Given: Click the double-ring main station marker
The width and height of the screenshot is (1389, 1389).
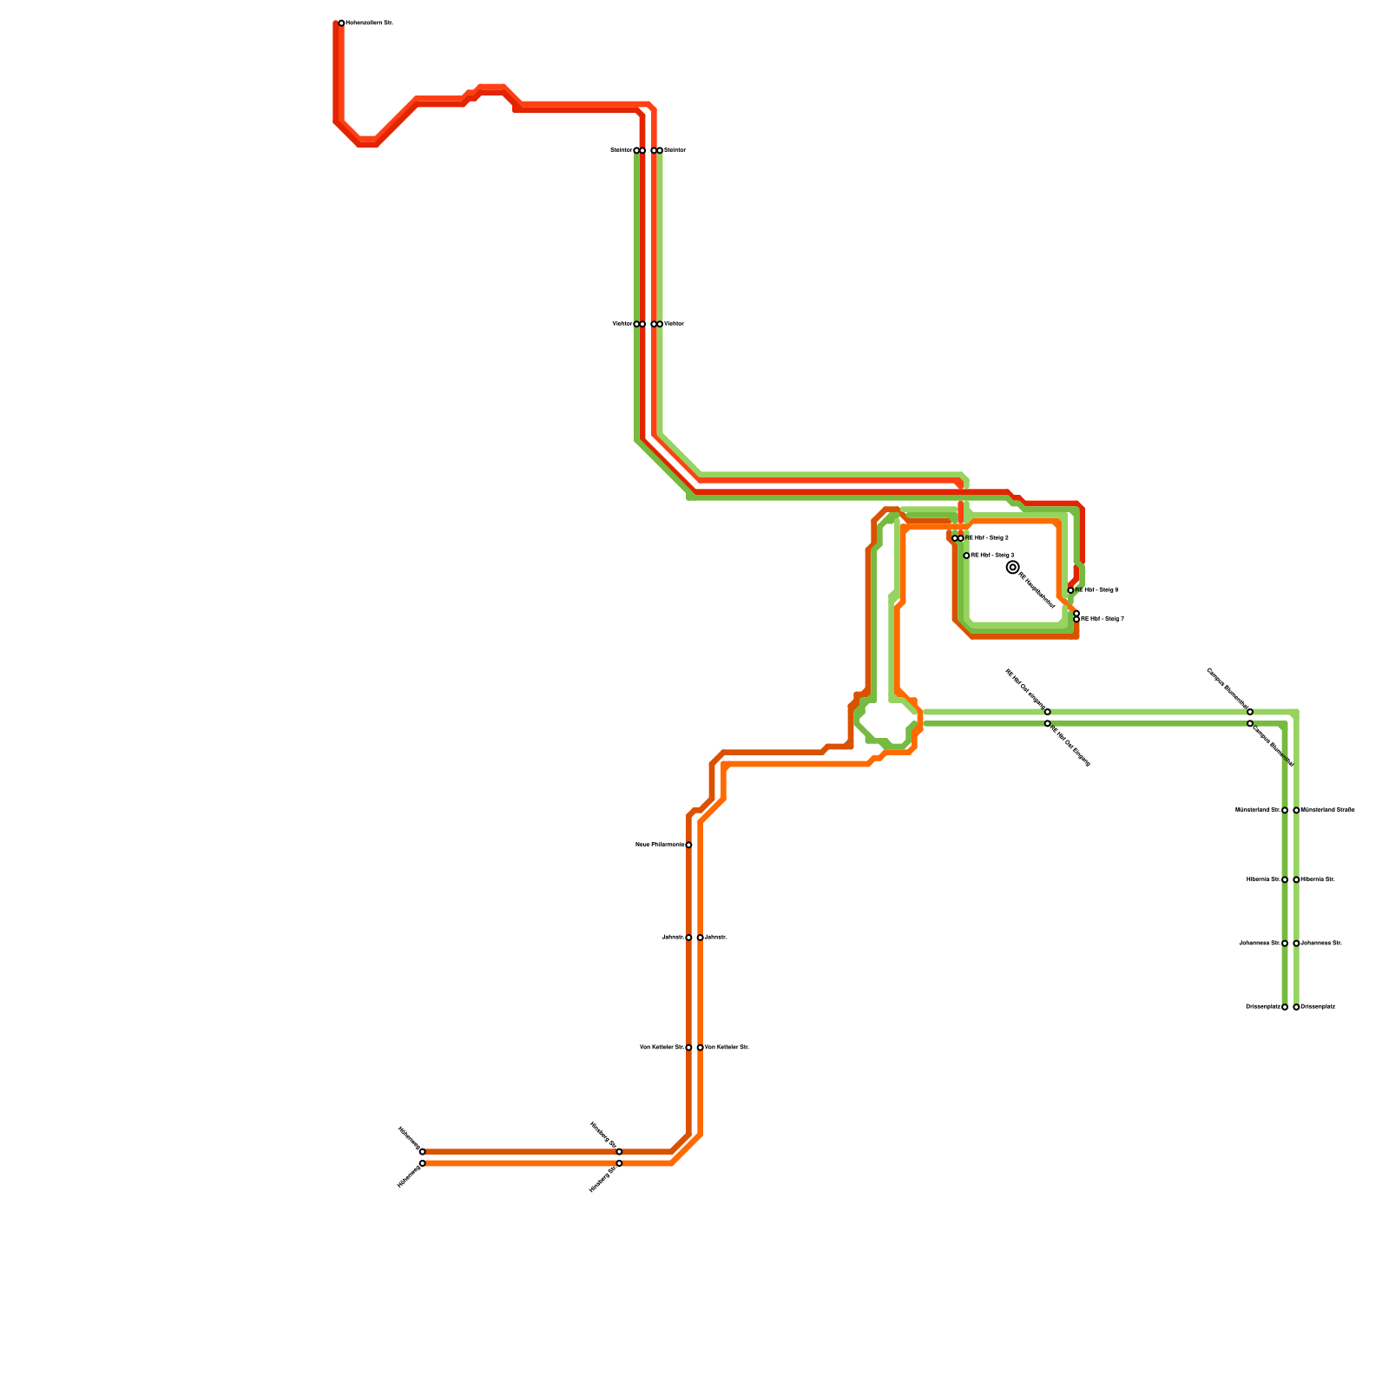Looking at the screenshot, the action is pos(1012,567).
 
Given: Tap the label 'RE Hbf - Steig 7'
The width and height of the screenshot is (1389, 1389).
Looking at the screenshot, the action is pos(1103,619).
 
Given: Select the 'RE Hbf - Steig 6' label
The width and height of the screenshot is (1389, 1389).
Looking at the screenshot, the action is pos(1096,590).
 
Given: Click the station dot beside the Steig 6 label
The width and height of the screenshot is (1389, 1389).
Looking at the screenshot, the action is pos(1070,590).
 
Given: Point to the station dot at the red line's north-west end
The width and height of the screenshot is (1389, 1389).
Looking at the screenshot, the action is pos(341,23).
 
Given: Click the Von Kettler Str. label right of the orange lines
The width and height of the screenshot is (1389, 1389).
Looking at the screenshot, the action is pos(727,1048).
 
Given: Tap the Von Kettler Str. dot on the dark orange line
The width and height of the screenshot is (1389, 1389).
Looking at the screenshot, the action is pos(688,1048).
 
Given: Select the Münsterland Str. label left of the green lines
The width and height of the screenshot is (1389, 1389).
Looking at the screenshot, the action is pos(1258,810).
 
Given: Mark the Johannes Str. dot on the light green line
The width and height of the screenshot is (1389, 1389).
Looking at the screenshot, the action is pos(1296,943).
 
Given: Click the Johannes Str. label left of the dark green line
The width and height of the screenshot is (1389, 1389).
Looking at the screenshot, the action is pos(1260,943).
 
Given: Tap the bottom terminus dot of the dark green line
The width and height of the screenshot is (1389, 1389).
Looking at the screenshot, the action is pos(1285,1007).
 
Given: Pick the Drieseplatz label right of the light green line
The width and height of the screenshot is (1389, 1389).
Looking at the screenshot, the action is pos(1318,1007).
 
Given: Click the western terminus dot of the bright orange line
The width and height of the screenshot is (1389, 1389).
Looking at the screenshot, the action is pos(422,1163).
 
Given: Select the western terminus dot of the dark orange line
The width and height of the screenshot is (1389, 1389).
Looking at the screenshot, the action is pos(422,1152).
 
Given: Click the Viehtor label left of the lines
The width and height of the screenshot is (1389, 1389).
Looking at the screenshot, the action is pos(622,324).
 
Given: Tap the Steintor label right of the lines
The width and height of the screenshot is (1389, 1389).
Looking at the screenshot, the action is pos(675,150).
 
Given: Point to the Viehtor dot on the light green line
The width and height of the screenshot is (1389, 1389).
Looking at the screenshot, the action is pos(660,324).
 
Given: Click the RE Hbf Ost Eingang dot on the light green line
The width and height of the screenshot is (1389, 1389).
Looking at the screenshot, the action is pos(1047,712).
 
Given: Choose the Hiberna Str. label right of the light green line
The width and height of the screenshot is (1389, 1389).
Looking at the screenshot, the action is pos(1318,879).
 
